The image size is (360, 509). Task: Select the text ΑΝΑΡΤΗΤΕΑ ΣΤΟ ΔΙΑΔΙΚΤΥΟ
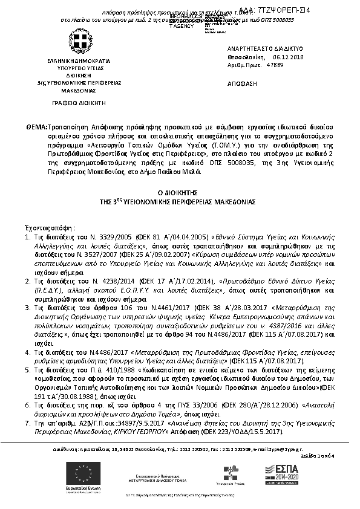coord(257,48)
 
